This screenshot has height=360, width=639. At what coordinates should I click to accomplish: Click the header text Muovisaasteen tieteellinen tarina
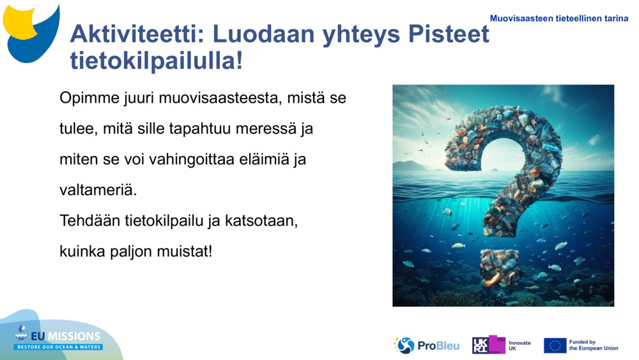click(559, 19)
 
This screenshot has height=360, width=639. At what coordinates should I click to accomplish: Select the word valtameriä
click(98, 190)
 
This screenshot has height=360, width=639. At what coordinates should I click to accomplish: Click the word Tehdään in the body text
click(88, 221)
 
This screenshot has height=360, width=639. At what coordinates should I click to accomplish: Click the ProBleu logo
click(426, 345)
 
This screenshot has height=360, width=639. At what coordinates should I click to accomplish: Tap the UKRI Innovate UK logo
click(502, 345)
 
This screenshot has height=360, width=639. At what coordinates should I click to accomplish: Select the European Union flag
click(555, 345)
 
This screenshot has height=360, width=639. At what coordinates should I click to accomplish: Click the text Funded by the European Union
click(594, 345)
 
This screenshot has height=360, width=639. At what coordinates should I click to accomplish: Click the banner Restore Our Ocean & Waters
click(59, 347)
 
